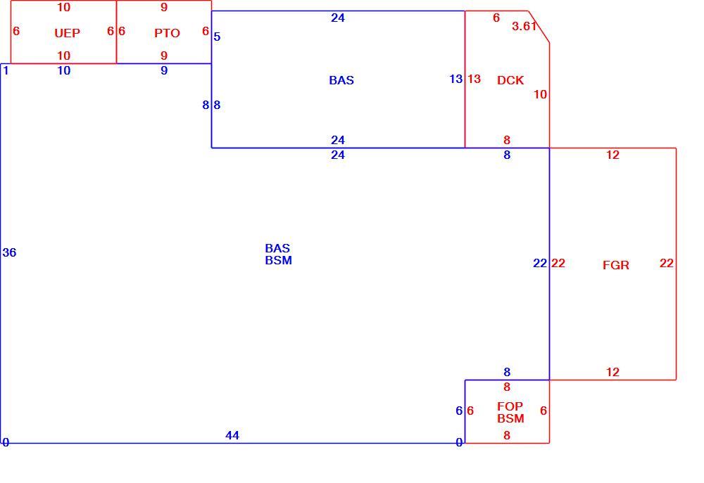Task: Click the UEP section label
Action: tap(67, 33)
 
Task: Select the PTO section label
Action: tap(167, 33)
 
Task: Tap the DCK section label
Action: tap(510, 80)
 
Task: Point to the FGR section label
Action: tap(615, 265)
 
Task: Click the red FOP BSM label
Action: tap(510, 413)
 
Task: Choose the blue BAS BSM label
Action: tap(278, 255)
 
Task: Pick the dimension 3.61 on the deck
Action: tap(524, 26)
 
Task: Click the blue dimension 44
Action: tap(232, 435)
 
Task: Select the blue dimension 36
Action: tap(9, 252)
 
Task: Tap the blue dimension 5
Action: tap(217, 37)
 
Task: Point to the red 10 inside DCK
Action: tap(540, 94)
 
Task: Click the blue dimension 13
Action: tap(455, 79)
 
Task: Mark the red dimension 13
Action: tap(474, 79)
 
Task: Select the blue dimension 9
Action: tap(164, 70)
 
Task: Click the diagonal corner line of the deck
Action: tap(539, 27)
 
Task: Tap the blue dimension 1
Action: tap(6, 70)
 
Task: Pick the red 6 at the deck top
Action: tap(496, 18)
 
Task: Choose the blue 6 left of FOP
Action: tap(459, 411)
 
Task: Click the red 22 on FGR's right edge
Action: tap(667, 263)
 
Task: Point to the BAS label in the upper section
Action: tap(341, 80)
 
